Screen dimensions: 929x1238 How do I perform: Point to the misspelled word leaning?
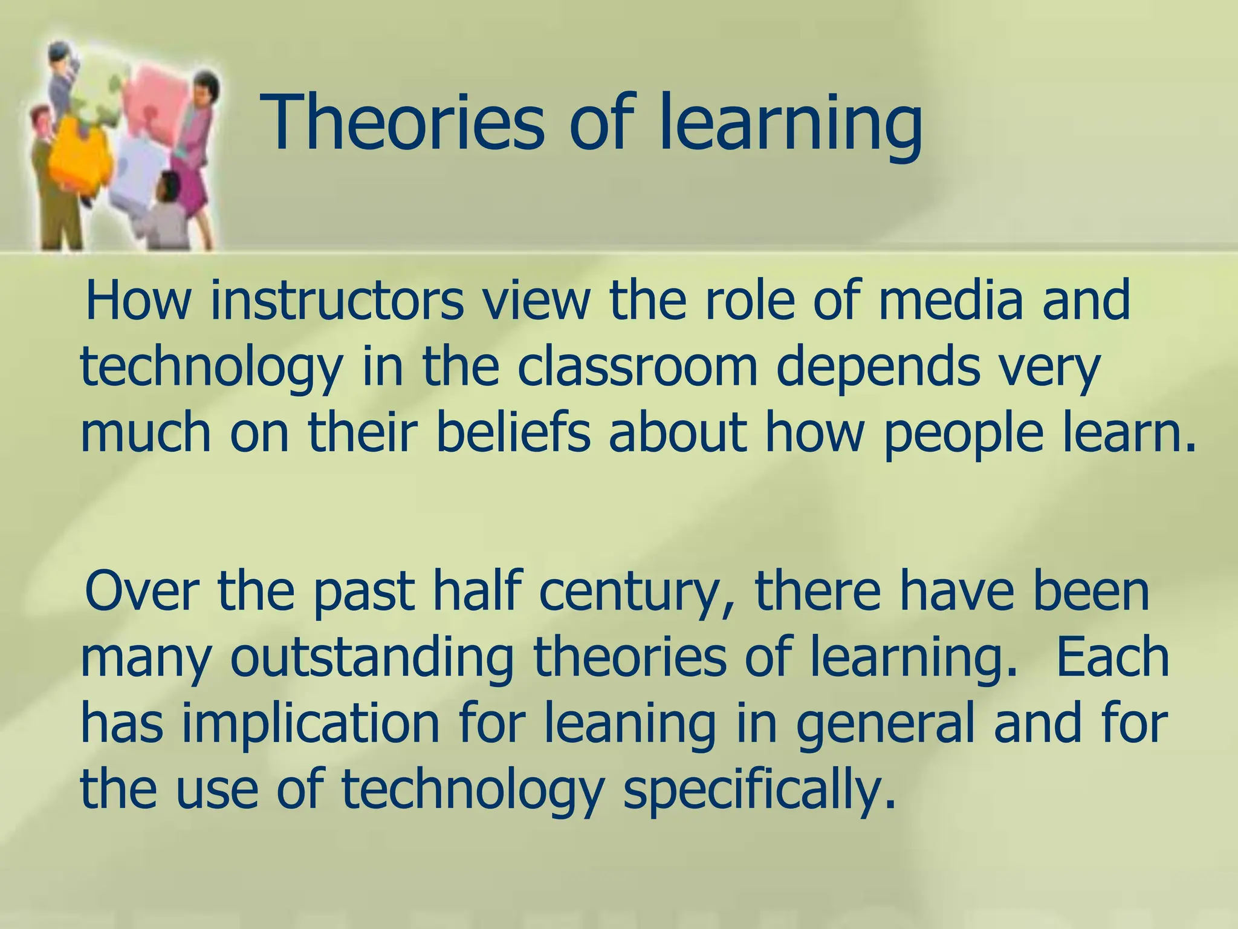tap(629, 725)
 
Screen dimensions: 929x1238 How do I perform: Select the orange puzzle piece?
tap(79, 151)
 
